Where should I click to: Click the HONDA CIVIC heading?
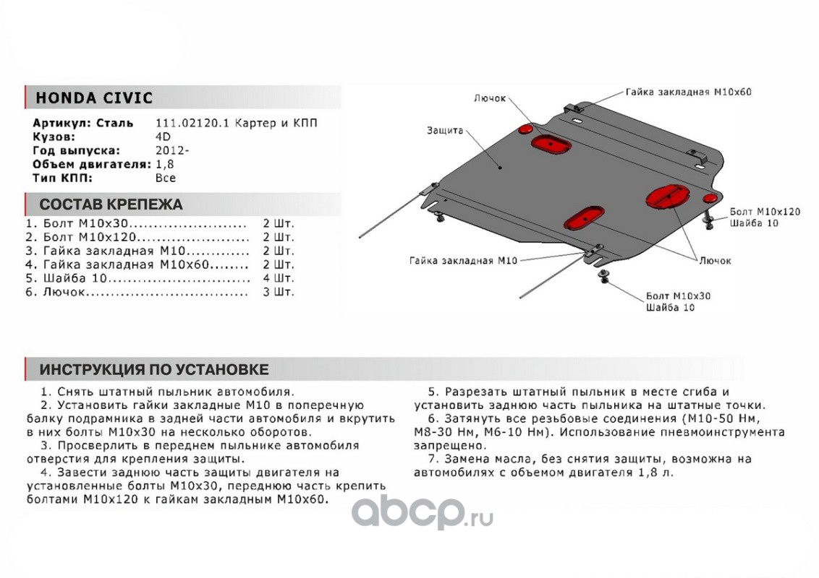94,98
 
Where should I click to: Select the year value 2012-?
171,151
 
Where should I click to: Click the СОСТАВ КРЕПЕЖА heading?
111,204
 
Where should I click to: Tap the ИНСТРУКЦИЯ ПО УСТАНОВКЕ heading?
153,370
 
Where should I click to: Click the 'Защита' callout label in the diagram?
444,131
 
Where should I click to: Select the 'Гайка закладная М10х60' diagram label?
689,92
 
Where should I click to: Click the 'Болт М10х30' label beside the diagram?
678,296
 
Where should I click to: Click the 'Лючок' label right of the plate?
715,260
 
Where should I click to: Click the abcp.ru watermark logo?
423,513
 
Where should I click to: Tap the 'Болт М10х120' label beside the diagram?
765,212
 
